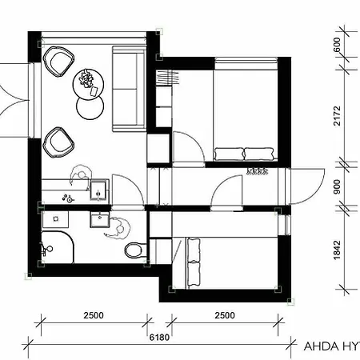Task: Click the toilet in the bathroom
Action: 135,250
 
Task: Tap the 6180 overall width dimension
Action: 159,338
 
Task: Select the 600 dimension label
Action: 337,45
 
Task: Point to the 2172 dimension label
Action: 337,116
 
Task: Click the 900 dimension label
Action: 337,187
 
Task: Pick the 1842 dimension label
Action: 337,250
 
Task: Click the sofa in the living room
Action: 129,89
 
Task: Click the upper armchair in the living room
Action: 58,62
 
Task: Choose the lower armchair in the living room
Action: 58,143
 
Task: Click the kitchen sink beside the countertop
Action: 99,190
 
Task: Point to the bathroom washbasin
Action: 100,219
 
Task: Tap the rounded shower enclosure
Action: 58,247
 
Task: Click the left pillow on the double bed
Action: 229,154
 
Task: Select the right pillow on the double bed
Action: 259,154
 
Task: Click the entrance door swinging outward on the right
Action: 306,186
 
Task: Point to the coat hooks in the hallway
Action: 258,171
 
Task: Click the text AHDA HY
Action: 332,346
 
